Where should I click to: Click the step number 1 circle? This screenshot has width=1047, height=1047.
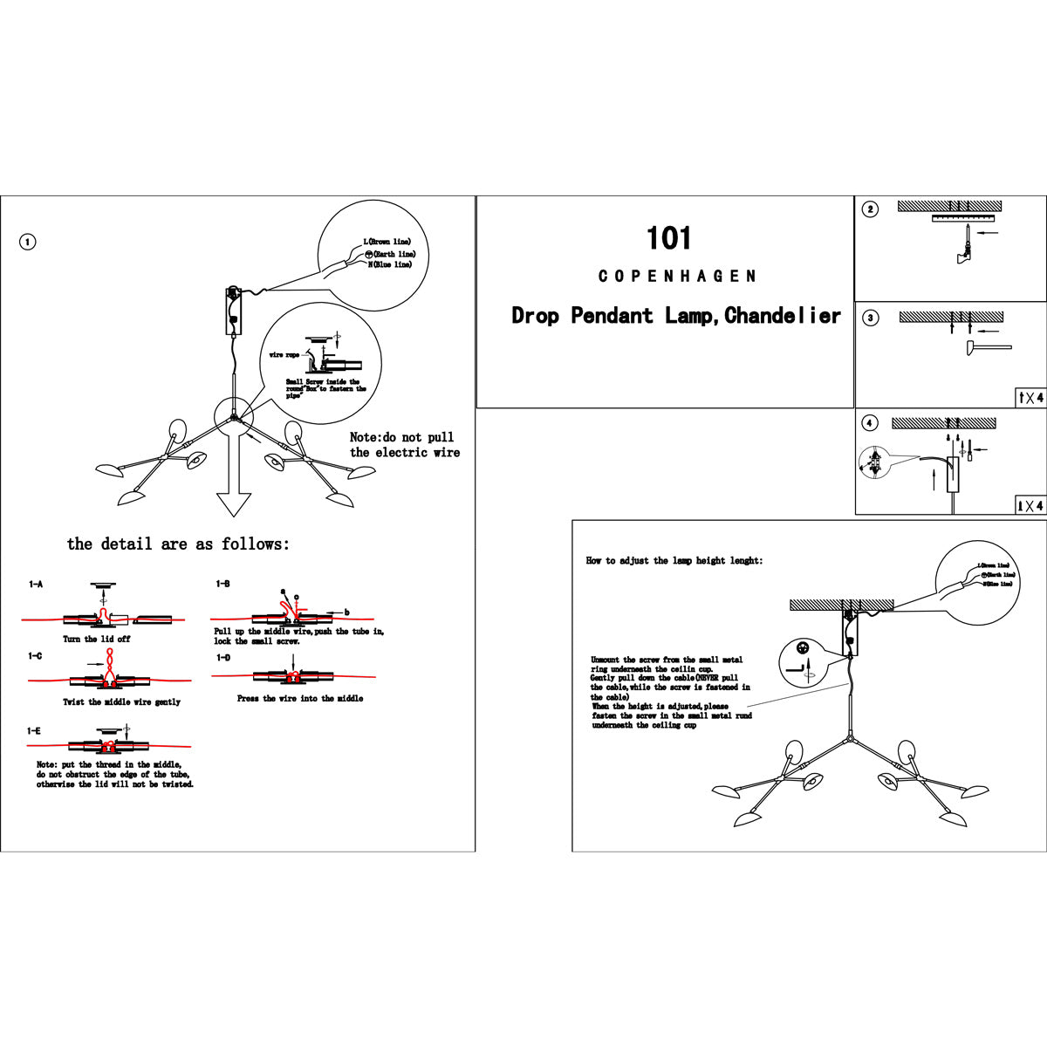(28, 242)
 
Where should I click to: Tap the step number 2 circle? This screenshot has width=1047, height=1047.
(870, 209)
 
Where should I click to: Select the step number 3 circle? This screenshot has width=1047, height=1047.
(870, 318)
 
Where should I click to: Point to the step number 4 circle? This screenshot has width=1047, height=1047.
(870, 423)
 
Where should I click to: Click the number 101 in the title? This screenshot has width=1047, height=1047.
(668, 238)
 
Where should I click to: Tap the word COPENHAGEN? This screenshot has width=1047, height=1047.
(677, 277)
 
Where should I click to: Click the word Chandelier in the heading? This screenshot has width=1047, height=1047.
(783, 316)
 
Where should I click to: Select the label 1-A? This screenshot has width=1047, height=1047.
(36, 584)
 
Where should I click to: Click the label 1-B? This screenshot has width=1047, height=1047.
(223, 583)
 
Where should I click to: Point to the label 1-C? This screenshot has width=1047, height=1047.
(35, 656)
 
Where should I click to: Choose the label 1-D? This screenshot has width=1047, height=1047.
(223, 658)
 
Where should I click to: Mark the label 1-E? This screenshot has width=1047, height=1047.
(35, 730)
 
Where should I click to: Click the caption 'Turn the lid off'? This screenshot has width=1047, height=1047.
(97, 640)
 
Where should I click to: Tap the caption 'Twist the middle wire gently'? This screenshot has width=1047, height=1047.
(121, 702)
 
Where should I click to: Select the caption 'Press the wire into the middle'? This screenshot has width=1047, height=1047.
(300, 699)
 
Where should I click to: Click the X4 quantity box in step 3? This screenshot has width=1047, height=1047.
(1030, 398)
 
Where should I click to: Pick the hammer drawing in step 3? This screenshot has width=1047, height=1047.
(986, 349)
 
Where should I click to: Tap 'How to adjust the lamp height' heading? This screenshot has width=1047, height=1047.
(674, 561)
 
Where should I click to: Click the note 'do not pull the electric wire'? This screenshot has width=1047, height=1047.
(404, 445)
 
